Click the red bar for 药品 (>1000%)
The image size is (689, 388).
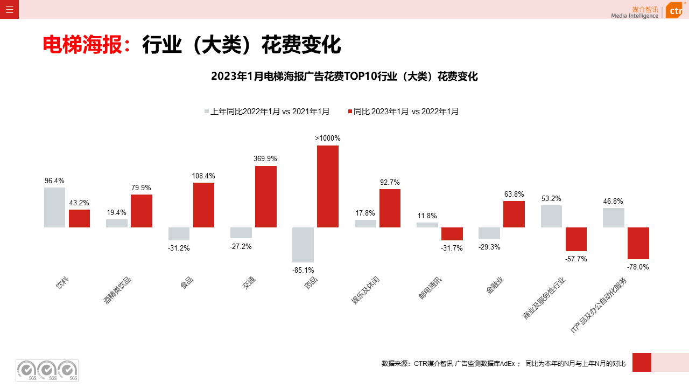(327, 186)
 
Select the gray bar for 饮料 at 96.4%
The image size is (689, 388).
(54, 207)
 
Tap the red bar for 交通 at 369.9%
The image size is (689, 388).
(265, 197)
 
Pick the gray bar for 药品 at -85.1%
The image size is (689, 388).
(303, 245)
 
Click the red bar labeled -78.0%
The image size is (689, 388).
(638, 243)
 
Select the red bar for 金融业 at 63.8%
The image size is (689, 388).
(514, 214)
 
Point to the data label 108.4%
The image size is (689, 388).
(203, 176)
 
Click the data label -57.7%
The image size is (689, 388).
(576, 259)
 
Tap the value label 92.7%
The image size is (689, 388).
(390, 183)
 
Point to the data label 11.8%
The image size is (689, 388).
(427, 216)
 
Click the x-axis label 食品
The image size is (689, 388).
(187, 282)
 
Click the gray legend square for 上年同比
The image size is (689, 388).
(207, 112)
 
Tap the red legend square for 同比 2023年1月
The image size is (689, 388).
(350, 112)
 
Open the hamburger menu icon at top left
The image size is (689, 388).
(9, 9)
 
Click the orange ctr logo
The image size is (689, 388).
(674, 10)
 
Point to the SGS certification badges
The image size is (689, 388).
(47, 370)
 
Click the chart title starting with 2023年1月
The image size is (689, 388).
(344, 77)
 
